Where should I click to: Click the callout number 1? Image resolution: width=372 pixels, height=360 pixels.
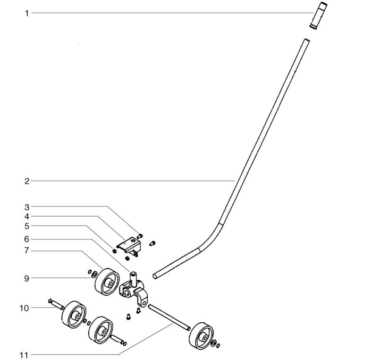pyautogui.click(x=27, y=13)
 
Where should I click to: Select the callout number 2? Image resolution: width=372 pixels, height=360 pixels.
pyautogui.click(x=27, y=181)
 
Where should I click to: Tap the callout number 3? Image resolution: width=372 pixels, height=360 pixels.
pyautogui.click(x=27, y=207)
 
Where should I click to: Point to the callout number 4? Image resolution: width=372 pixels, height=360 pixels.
pyautogui.click(x=27, y=217)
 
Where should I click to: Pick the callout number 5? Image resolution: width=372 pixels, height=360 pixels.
pyautogui.click(x=27, y=226)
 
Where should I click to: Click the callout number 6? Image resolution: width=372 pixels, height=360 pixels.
pyautogui.click(x=27, y=239)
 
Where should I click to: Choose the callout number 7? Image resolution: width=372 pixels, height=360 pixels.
pyautogui.click(x=27, y=251)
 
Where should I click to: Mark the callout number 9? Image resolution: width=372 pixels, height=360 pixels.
pyautogui.click(x=27, y=278)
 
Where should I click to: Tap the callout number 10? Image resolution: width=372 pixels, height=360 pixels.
pyautogui.click(x=24, y=308)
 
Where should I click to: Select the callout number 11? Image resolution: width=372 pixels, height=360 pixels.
pyautogui.click(x=24, y=355)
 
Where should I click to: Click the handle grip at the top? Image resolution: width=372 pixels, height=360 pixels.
pyautogui.click(x=318, y=15)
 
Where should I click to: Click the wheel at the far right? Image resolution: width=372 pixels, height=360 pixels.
pyautogui.click(x=201, y=336)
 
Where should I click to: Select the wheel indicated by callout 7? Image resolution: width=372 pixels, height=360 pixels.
pyautogui.click(x=107, y=282)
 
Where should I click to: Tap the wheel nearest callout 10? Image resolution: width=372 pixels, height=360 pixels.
pyautogui.click(x=74, y=314)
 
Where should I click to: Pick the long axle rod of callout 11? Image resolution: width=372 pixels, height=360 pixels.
pyautogui.click(x=169, y=318)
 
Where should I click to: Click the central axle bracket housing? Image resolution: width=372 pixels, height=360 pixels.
pyautogui.click(x=133, y=290)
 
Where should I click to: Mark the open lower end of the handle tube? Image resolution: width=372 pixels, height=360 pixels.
pyautogui.click(x=155, y=276)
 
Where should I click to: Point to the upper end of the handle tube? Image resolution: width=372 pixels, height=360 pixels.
pyautogui.click(x=307, y=40)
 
